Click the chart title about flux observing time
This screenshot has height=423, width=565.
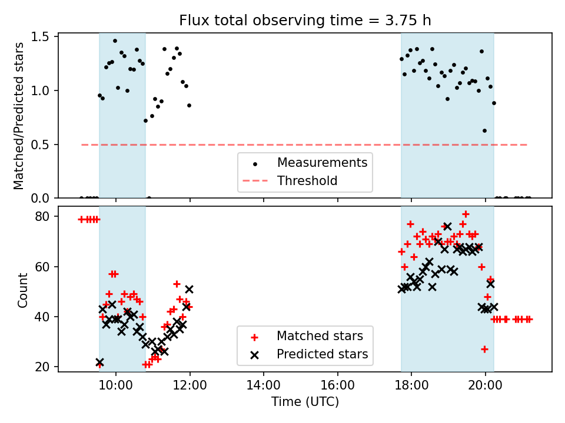(305, 21)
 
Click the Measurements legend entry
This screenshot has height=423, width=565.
(322, 163)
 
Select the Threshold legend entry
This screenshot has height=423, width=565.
(307, 181)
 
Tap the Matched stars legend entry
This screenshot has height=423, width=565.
(320, 337)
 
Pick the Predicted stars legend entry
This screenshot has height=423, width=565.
(322, 354)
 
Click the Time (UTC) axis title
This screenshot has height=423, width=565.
(305, 402)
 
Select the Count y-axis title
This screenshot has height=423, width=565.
(23, 290)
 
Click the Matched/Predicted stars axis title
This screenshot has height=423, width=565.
(19, 116)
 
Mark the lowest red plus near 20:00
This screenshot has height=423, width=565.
(484, 349)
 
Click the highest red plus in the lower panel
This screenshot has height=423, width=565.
(466, 214)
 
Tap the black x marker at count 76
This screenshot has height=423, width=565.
(447, 226)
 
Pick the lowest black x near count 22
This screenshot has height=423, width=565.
(99, 362)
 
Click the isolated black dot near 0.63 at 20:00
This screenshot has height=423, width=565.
(484, 130)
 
